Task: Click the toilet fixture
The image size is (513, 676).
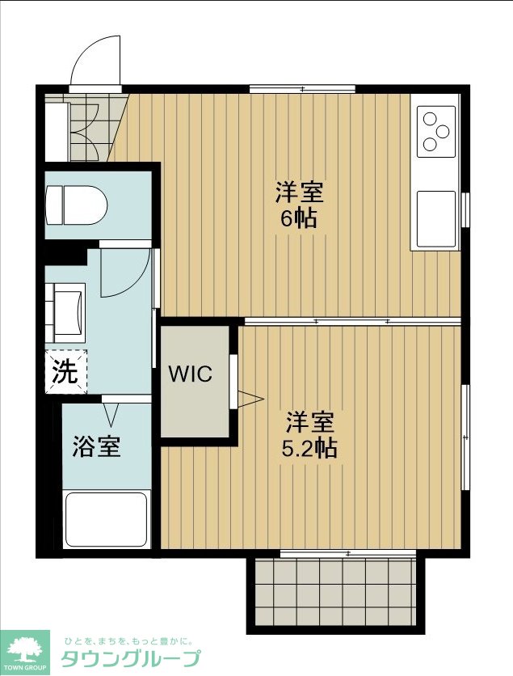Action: pyautogui.click(x=76, y=205)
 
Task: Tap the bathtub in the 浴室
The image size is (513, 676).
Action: pyautogui.click(x=107, y=519)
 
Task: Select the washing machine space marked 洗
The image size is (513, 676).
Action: pyautogui.click(x=66, y=371)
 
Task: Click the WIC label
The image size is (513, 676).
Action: pyautogui.click(x=190, y=374)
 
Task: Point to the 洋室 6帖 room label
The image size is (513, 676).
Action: pyautogui.click(x=299, y=205)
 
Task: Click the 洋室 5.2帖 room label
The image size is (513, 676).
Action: pyautogui.click(x=309, y=435)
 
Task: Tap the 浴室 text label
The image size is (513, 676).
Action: pyautogui.click(x=96, y=446)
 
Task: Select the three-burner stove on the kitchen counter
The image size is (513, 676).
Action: pyautogui.click(x=436, y=131)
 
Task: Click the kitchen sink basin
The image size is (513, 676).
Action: pyautogui.click(x=436, y=218)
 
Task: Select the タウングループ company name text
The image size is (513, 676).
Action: pyautogui.click(x=131, y=658)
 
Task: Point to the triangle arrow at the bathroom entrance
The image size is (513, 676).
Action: pyautogui.click(x=111, y=413)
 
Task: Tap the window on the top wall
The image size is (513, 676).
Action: pyautogui.click(x=302, y=89)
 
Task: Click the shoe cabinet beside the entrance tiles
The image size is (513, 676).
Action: pyautogui.click(x=56, y=132)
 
